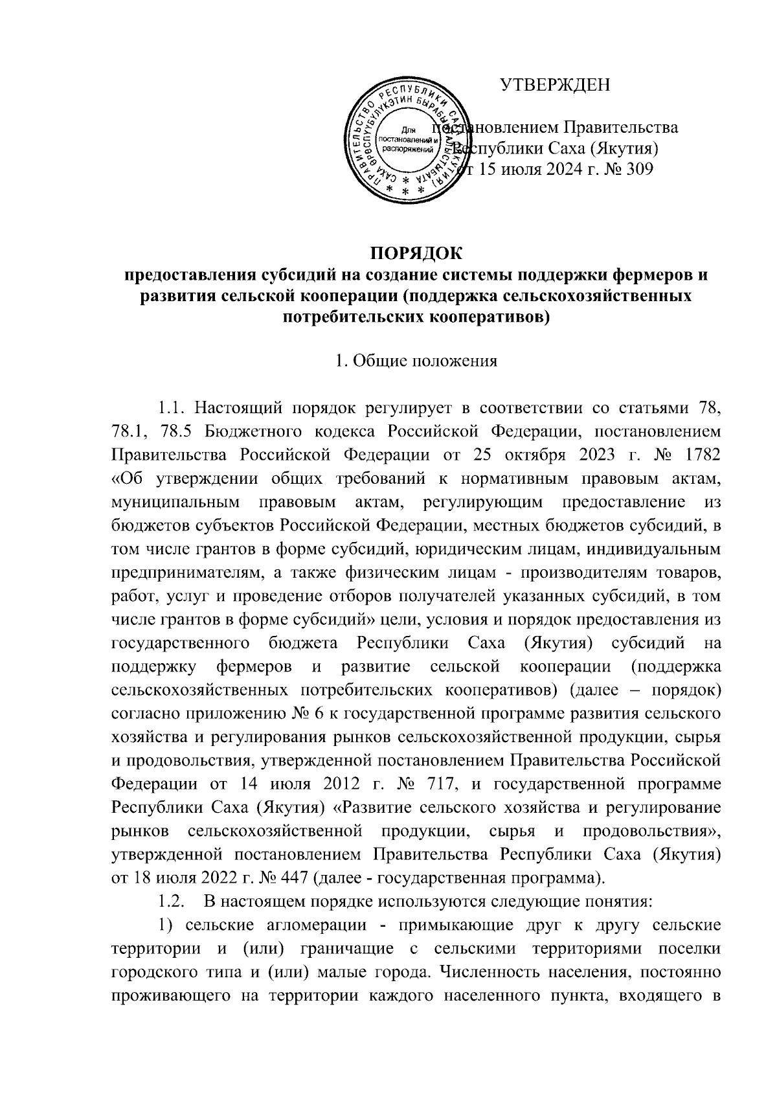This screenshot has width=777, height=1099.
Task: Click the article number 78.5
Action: [175, 432]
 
